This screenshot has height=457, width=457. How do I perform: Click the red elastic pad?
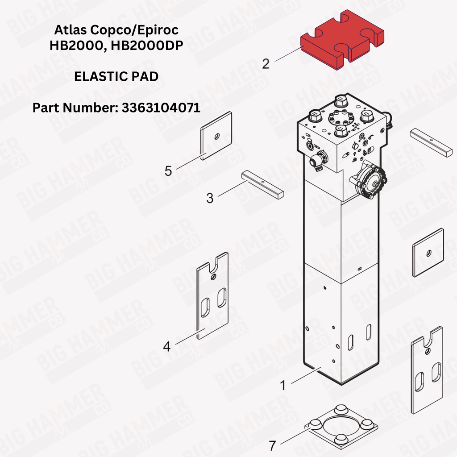point(342,39)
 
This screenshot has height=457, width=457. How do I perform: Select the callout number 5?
point(168,171)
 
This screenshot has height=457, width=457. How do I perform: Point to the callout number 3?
point(210,198)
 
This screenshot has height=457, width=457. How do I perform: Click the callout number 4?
point(167,346)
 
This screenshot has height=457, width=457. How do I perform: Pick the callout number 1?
point(283,385)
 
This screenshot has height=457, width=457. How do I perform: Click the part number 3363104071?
point(161,108)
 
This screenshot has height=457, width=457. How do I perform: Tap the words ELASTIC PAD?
point(116,77)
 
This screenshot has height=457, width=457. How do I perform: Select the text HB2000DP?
point(147,46)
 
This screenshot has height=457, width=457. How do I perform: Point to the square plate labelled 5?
point(216,136)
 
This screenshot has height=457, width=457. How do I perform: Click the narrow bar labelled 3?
point(262,185)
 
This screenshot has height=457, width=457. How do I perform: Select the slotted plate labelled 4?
point(212,296)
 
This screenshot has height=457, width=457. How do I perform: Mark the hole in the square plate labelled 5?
point(216,137)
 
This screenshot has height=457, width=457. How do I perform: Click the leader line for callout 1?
point(306,375)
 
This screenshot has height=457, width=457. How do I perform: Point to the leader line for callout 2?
point(288,54)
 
